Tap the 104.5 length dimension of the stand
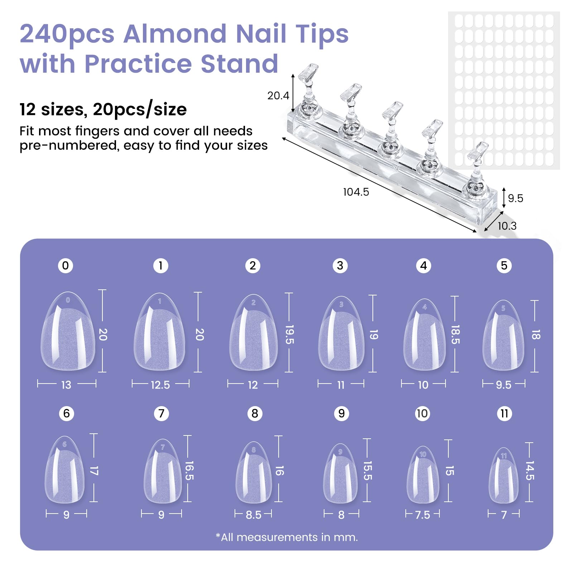[356, 192]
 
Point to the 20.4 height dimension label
[278, 96]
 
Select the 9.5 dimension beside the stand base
[515, 198]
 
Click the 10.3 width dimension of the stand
[507, 226]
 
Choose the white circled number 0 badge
[66, 266]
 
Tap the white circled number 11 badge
[504, 414]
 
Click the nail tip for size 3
[341, 333]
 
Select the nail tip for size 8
[254, 472]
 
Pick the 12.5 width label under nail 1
[160, 385]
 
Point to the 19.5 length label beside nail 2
[289, 334]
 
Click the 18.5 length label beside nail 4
[455, 334]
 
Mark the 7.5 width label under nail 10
[423, 515]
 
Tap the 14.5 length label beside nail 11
[530, 471]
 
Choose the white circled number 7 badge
[162, 414]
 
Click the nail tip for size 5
[504, 336]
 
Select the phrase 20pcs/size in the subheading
[140, 109]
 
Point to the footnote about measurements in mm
[287, 537]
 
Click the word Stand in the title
[240, 64]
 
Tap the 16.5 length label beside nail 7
[189, 471]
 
